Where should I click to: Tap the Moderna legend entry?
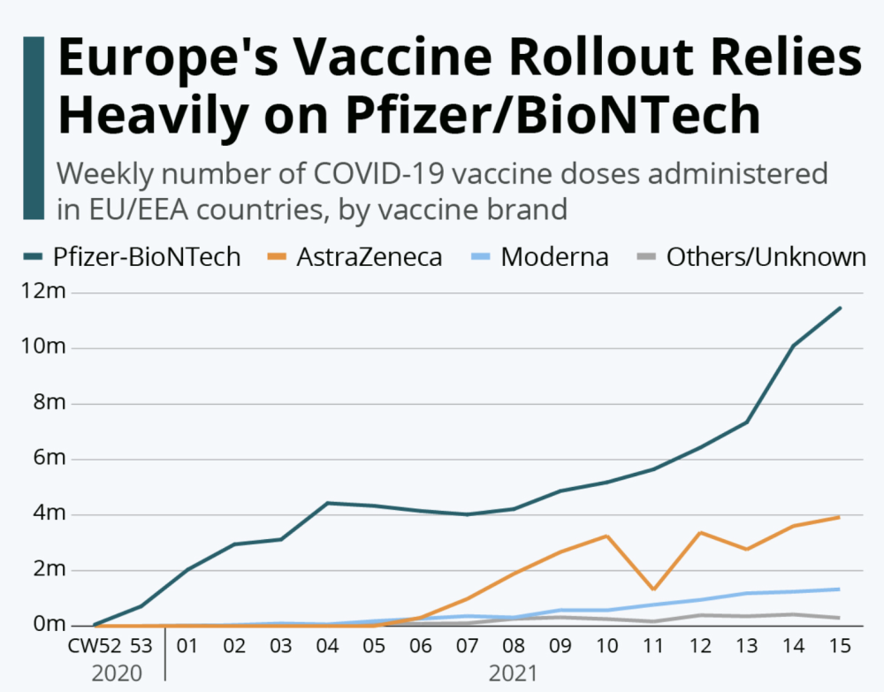click(x=553, y=257)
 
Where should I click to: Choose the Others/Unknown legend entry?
click(x=765, y=257)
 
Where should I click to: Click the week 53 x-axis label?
click(x=141, y=646)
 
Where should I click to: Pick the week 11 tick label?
click(x=652, y=646)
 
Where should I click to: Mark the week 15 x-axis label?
click(x=839, y=646)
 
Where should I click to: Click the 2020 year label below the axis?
click(x=117, y=673)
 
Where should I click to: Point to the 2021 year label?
click(x=513, y=673)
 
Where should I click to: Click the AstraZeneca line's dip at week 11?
click(x=652, y=589)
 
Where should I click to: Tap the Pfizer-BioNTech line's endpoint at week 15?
click(x=839, y=308)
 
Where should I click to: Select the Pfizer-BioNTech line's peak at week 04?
click(x=328, y=503)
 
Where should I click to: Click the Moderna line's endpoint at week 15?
click(x=839, y=589)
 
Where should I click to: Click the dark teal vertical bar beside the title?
click(x=34, y=129)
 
